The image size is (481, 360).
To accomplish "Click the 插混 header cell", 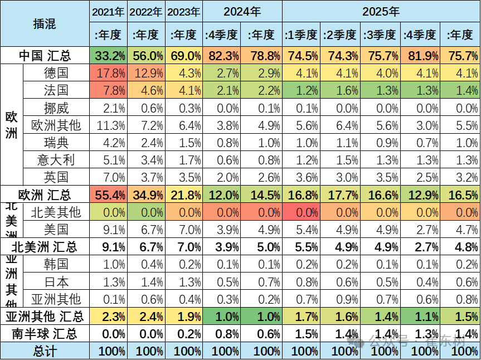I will [45, 23].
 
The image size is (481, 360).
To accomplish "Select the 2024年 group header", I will [242, 11].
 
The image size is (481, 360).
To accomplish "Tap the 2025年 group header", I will [381, 11].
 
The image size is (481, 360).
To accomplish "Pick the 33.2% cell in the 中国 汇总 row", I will [109, 56].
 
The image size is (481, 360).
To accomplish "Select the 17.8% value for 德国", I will [109, 74].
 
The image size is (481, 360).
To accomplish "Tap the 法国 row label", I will [56, 91].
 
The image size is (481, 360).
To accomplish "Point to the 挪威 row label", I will [56, 108].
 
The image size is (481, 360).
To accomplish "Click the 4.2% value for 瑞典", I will [109, 143].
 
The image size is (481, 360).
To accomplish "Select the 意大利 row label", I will [56, 160].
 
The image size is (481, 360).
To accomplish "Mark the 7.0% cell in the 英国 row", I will [109, 177].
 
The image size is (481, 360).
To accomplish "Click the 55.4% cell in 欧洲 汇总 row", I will [109, 195].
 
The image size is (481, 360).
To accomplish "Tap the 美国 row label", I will [56, 229].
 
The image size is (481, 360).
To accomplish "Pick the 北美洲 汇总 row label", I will [45, 247].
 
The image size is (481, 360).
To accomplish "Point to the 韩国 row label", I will [56, 264].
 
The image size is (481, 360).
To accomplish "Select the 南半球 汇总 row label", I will [45, 334].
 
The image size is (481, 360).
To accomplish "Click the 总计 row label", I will [45, 351].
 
